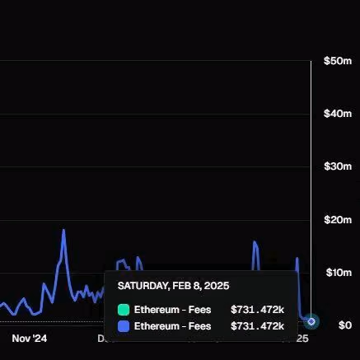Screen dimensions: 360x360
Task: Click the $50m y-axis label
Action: coord(338,61)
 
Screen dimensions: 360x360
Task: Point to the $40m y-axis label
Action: coord(338,114)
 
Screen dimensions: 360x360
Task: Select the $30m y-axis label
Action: coord(338,166)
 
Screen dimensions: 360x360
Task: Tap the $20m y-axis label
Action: coord(338,220)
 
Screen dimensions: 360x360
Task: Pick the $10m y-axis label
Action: coord(339,273)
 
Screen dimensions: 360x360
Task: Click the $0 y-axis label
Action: coord(345,325)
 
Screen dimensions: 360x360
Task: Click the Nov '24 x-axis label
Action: coord(30,339)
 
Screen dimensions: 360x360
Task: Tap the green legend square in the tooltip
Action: coord(124,310)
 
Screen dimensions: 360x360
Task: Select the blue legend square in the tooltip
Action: coord(124,326)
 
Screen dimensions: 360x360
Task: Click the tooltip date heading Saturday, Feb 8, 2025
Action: coord(173,286)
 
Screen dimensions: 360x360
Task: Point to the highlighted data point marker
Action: coord(311,321)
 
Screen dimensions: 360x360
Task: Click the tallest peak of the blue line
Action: coord(63,230)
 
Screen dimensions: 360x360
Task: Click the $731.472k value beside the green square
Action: coord(257,310)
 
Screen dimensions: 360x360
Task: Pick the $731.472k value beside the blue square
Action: coord(257,326)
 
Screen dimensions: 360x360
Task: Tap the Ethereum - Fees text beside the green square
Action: coord(172,310)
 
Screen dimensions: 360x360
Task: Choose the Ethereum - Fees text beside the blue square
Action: coord(172,326)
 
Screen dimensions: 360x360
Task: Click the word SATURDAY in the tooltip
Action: coord(143,286)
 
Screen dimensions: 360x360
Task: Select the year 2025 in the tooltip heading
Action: coord(217,286)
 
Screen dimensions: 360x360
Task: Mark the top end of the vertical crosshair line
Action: coord(311,61)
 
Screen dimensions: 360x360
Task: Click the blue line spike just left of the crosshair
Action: coord(297,259)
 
